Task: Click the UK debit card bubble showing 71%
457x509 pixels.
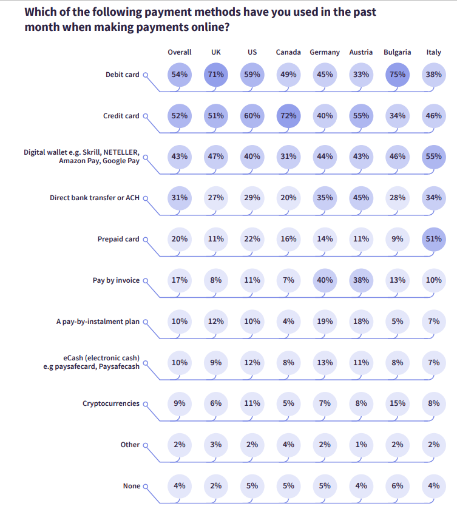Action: click(215, 75)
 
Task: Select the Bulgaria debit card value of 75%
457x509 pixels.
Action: click(398, 75)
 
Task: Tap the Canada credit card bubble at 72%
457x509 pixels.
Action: click(288, 116)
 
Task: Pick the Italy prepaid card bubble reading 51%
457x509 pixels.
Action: click(433, 239)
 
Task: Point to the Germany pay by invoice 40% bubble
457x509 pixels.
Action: click(325, 280)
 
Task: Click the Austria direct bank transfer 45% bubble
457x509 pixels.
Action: click(361, 198)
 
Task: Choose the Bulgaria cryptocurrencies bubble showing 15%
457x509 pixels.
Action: click(398, 403)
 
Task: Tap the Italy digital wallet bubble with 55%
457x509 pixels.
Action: click(433, 157)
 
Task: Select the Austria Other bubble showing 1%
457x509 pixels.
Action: click(361, 445)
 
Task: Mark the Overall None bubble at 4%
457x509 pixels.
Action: click(180, 486)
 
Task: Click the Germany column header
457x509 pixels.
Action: click(325, 52)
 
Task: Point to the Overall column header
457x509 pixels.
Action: click(180, 52)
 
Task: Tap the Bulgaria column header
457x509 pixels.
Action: click(398, 52)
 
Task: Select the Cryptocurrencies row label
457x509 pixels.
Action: click(110, 403)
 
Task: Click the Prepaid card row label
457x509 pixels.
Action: click(118, 239)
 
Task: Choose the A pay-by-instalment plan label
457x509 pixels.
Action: click(98, 322)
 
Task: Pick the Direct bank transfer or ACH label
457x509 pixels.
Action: click(95, 198)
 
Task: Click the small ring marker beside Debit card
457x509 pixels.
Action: click(146, 75)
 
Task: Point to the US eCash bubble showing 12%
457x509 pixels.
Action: click(252, 363)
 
